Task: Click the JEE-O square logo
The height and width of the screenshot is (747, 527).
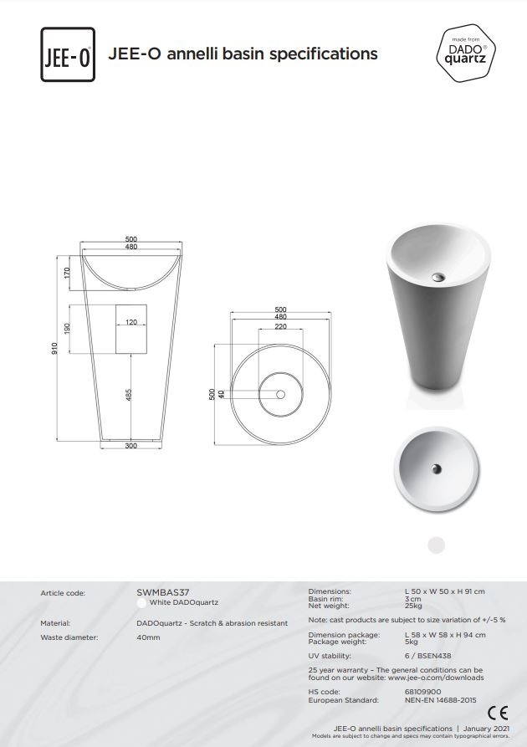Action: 68,54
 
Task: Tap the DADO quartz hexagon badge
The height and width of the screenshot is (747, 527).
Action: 466,53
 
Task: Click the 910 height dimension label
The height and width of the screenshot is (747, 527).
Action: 54,348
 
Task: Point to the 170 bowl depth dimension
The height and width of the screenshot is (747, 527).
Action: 67,273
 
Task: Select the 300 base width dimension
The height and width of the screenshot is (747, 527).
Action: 131,446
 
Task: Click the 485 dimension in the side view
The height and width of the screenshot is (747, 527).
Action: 128,395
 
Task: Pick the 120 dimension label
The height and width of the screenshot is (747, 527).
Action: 131,322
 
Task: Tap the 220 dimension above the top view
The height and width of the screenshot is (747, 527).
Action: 281,326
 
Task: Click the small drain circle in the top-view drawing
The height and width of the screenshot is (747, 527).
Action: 281,395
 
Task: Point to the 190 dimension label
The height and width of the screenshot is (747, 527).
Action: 67,329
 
